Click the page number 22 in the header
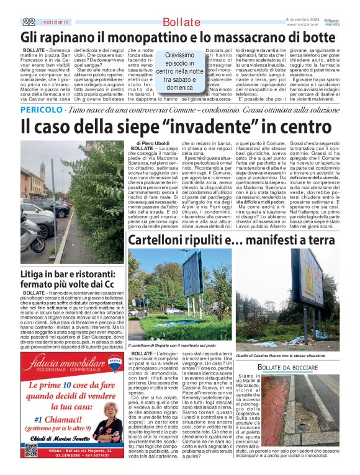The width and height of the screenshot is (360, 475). coord(28,21)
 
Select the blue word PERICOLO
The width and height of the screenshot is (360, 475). coord(41,110)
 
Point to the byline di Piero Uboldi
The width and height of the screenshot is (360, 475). coord(153,144)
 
